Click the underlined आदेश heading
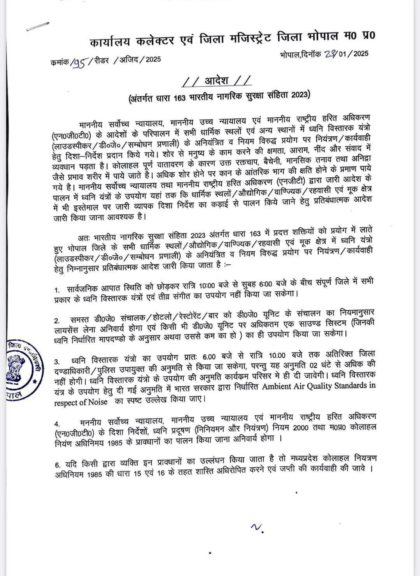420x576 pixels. click(x=218, y=81)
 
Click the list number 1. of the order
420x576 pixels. click(x=57, y=290)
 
